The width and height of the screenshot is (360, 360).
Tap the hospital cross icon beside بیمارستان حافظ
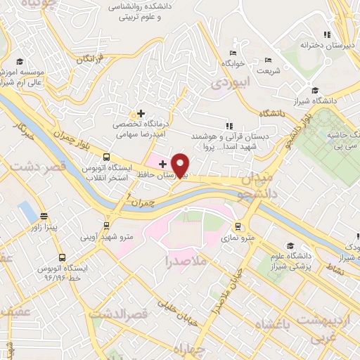coord(162,163)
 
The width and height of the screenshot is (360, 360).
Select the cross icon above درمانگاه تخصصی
coord(141,112)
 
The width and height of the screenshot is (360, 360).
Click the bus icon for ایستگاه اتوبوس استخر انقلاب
coord(106,157)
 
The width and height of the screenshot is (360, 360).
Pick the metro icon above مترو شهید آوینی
coord(106,226)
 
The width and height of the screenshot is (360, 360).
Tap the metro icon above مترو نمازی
coord(239,227)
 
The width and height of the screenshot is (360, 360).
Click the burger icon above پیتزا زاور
coord(44,216)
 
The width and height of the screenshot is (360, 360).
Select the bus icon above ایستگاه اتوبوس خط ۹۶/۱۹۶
coord(63,257)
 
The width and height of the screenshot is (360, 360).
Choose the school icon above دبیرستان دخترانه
coord(325,34)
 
